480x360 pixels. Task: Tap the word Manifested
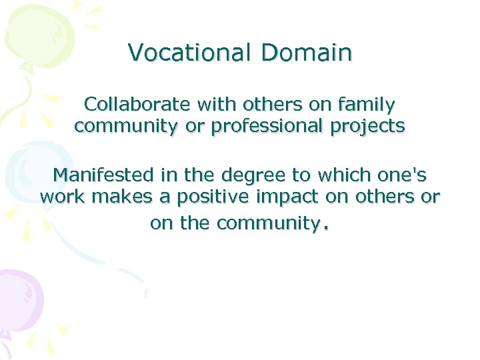(102, 175)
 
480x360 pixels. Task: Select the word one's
(403, 175)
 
